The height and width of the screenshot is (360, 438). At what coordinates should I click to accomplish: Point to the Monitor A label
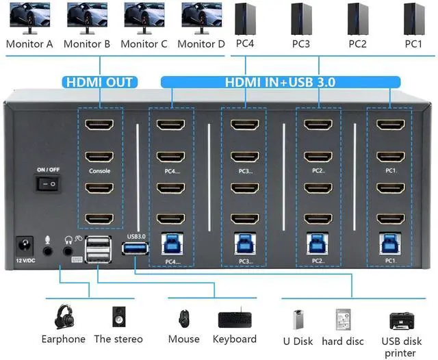click(x=29, y=44)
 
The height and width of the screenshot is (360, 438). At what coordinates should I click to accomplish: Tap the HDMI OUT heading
click(x=100, y=83)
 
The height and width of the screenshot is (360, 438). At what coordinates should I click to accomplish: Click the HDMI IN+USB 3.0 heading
click(x=281, y=83)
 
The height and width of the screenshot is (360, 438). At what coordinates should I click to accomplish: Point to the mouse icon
click(x=183, y=319)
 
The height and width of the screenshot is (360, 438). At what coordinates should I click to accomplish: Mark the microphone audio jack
click(x=48, y=251)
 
